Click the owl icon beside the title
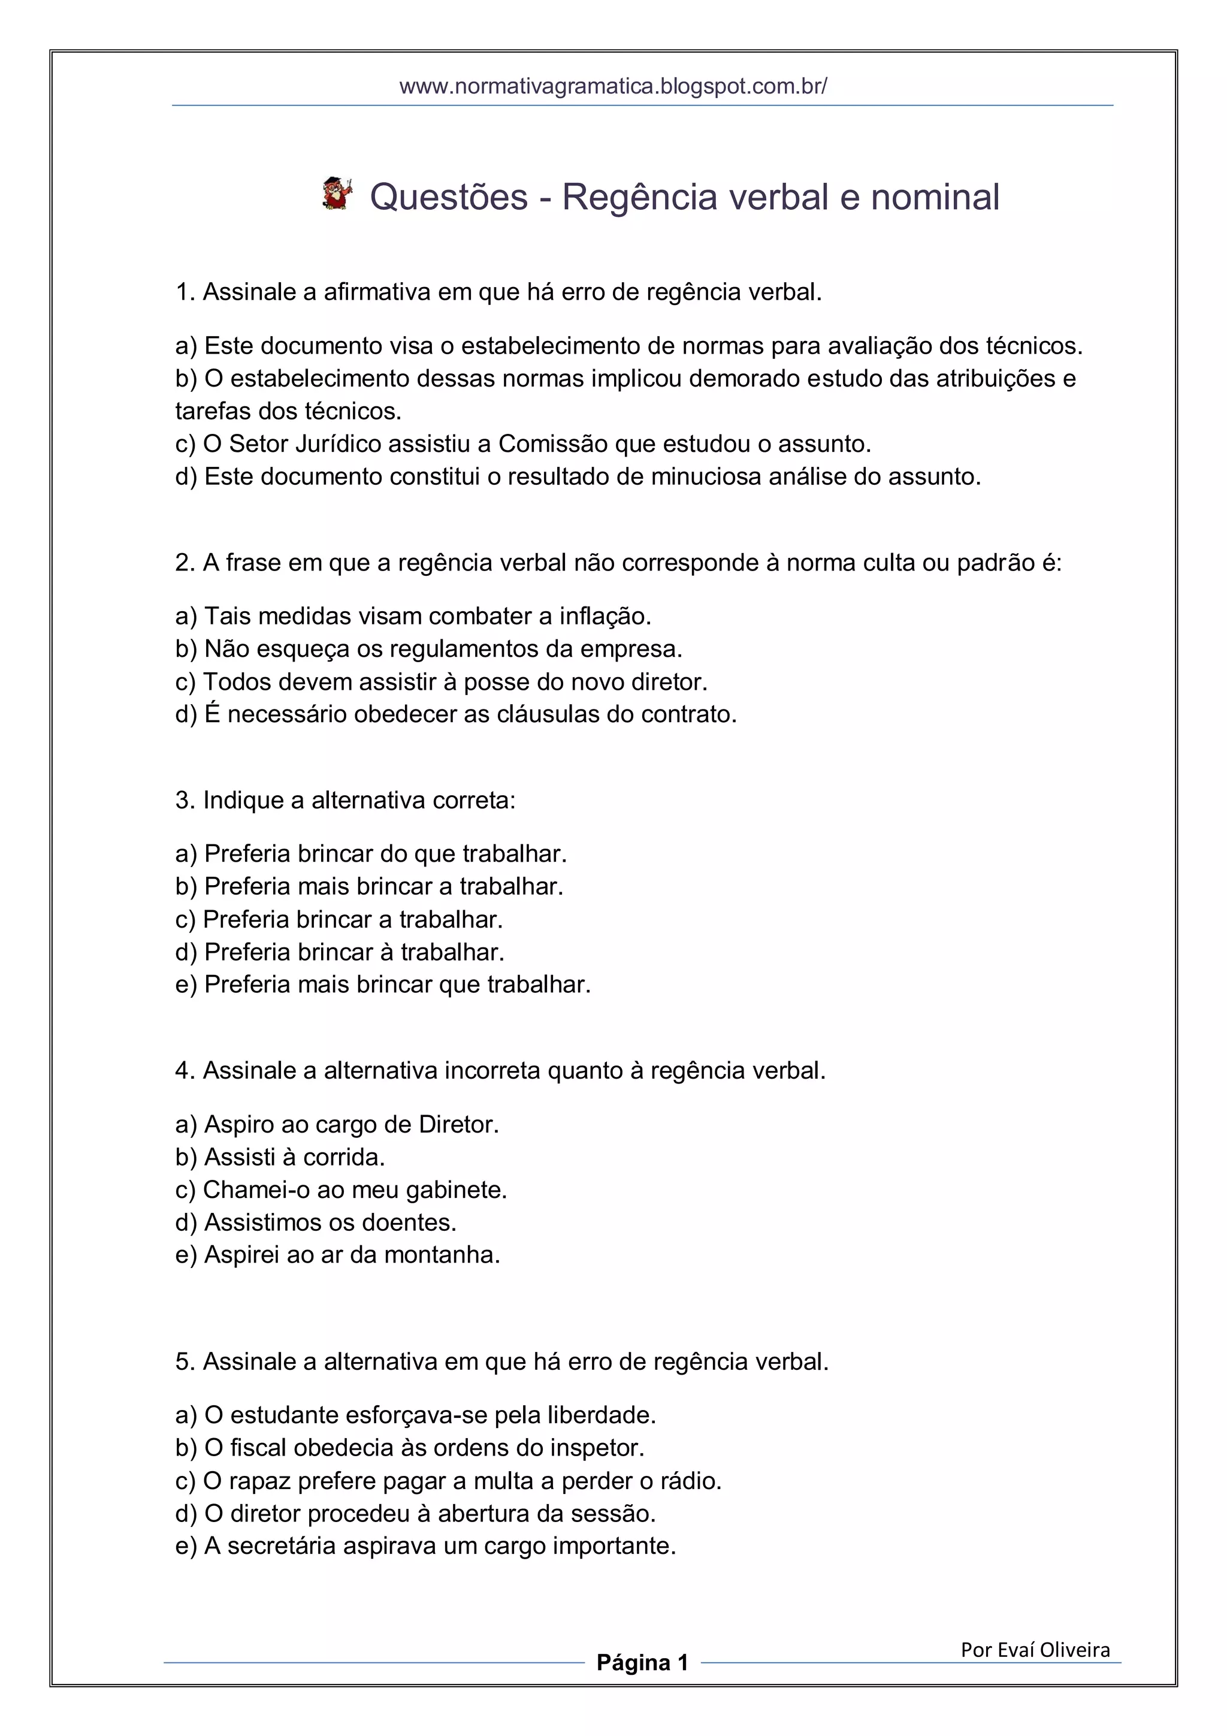click(x=337, y=194)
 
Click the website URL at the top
click(x=613, y=86)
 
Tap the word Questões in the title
click(x=448, y=197)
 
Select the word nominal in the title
click(x=935, y=197)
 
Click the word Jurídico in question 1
click(x=338, y=444)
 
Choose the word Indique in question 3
click(x=243, y=800)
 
